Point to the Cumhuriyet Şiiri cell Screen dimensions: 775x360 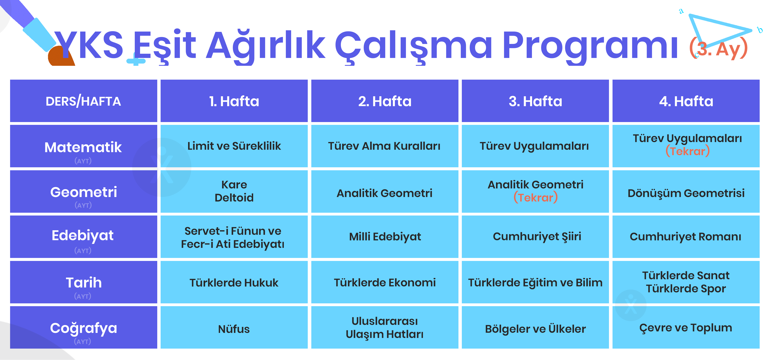[535, 237]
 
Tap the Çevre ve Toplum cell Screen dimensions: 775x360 [686, 327]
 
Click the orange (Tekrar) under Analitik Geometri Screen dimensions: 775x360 [535, 198]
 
